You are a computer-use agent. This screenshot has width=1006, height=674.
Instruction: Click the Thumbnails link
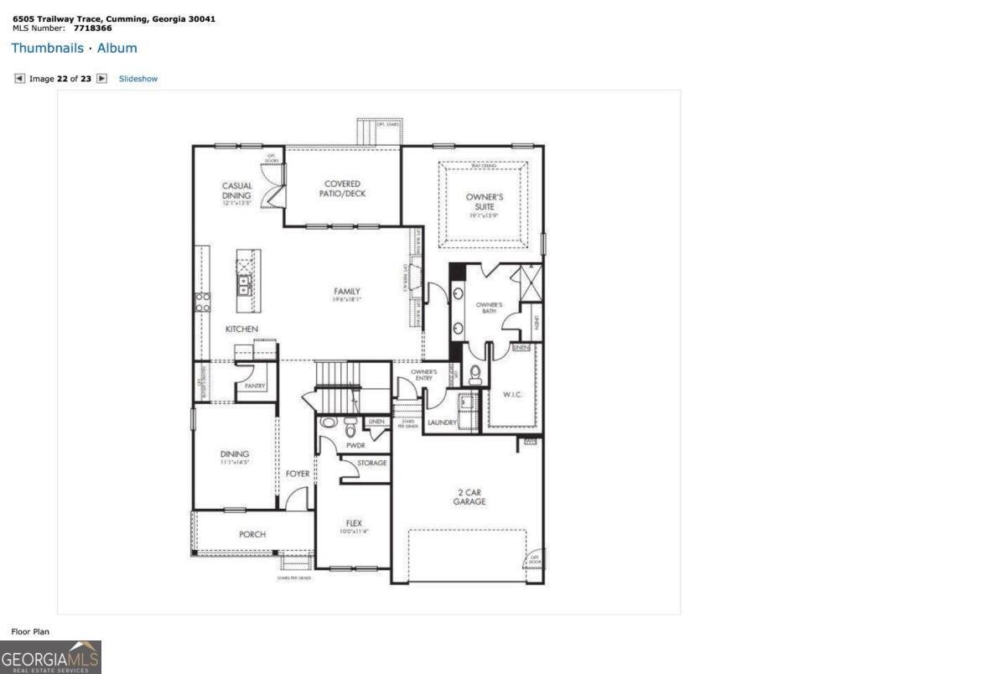pyautogui.click(x=47, y=49)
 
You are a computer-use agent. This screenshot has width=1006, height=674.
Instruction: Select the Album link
pyautogui.click(x=117, y=49)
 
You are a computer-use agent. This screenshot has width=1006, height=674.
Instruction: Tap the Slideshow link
pyautogui.click(x=138, y=79)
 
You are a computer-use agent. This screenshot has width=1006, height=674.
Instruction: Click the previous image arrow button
pyautogui.click(x=19, y=79)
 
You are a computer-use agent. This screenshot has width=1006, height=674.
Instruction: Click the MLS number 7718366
pyautogui.click(x=92, y=28)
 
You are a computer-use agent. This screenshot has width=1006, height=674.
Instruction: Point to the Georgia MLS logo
pyautogui.click(x=50, y=656)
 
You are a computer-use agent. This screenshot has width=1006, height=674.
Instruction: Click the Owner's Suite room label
pyautogui.click(x=485, y=201)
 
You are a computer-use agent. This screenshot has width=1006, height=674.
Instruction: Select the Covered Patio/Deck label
pyautogui.click(x=342, y=189)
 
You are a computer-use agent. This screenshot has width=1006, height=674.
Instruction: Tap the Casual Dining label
pyautogui.click(x=236, y=191)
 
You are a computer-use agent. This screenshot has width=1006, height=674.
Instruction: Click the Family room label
pyautogui.click(x=346, y=292)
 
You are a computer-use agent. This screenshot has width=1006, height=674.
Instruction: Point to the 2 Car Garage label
pyautogui.click(x=469, y=497)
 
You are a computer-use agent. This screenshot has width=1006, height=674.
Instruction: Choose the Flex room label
pyautogui.click(x=353, y=523)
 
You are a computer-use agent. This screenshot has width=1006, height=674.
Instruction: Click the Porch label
pyautogui.click(x=252, y=534)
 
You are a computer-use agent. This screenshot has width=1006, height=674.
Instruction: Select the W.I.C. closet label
pyautogui.click(x=512, y=394)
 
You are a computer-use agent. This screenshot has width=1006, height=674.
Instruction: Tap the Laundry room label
pyautogui.click(x=441, y=423)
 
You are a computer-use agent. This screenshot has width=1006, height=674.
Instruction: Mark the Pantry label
pyautogui.click(x=255, y=386)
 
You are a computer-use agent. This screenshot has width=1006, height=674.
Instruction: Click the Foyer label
pyautogui.click(x=298, y=474)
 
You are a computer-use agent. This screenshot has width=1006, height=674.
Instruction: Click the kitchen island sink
pyautogui.click(x=244, y=285)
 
